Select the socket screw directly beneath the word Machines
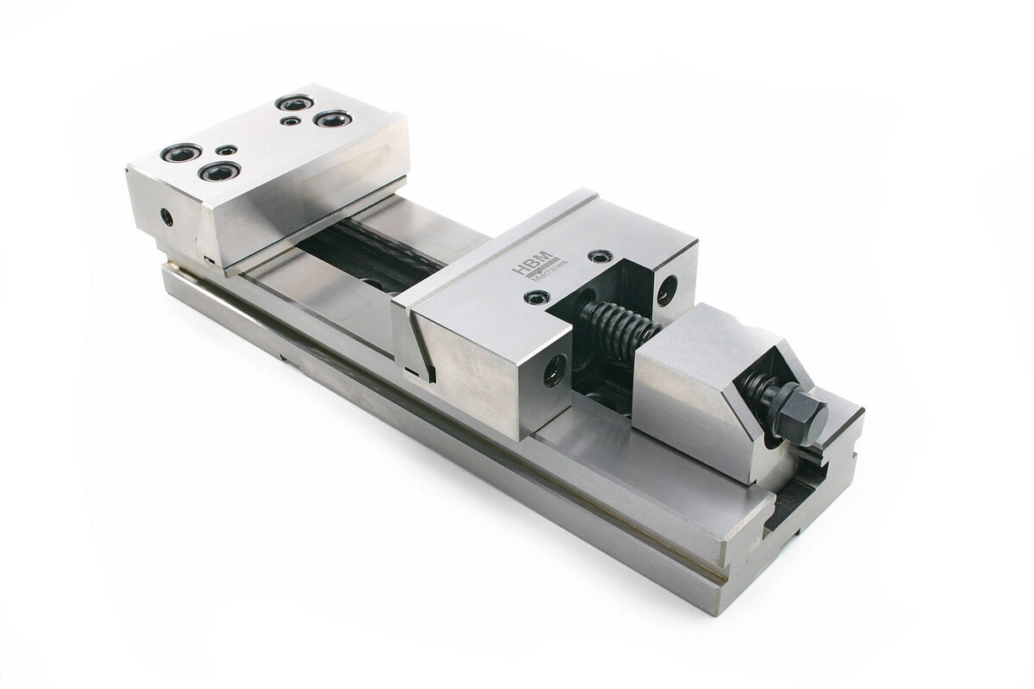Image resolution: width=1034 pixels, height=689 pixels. pos(538,298)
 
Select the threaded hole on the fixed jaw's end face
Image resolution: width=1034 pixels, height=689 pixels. pos(166,217)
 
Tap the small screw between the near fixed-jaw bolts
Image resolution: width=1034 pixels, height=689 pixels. pos(226,151)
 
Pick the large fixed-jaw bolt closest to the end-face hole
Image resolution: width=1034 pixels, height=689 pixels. pos(181,152)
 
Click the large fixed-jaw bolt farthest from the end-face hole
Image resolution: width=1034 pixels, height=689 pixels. pos(333,119)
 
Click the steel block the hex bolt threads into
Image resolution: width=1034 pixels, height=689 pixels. pos(698,379)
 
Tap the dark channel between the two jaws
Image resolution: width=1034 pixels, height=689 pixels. pos(371,250)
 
